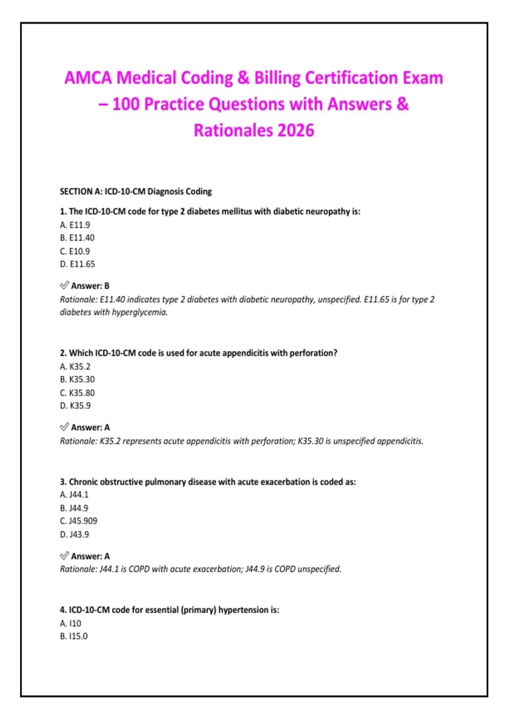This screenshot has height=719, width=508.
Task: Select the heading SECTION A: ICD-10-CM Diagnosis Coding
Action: pyautogui.click(x=135, y=192)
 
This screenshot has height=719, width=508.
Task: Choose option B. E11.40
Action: pyautogui.click(x=77, y=238)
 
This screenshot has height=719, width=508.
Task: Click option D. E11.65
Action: pyautogui.click(x=77, y=264)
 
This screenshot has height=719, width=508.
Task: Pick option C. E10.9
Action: pyautogui.click(x=75, y=251)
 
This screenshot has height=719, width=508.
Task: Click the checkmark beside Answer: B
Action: pyautogui.click(x=64, y=285)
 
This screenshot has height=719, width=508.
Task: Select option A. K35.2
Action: pyautogui.click(x=75, y=367)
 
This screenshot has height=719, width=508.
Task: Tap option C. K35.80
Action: pyautogui.click(x=77, y=393)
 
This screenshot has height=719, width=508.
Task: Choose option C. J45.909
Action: pyautogui.click(x=79, y=521)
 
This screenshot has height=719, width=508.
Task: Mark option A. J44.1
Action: pyautogui.click(x=74, y=495)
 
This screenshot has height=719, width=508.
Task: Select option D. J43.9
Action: pyautogui.click(x=75, y=535)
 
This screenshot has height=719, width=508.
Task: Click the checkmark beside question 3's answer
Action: pyautogui.click(x=64, y=556)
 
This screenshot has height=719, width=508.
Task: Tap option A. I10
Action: pyautogui.click(x=70, y=623)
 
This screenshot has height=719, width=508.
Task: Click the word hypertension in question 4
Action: pyautogui.click(x=243, y=610)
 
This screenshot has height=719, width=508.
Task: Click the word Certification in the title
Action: pyautogui.click(x=351, y=78)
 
